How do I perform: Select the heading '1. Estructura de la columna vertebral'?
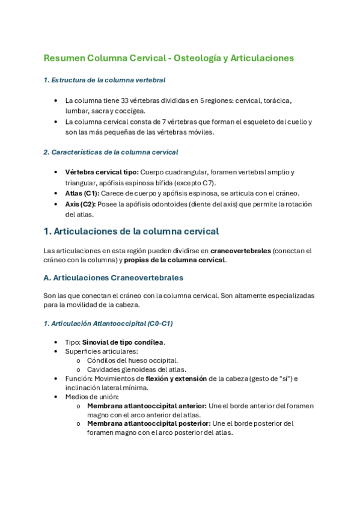click(x=105, y=80)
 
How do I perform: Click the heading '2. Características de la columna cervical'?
click(x=111, y=152)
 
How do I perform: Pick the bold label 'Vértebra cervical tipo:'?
click(x=102, y=173)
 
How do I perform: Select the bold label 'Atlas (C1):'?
click(x=82, y=193)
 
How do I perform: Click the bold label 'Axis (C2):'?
click(x=80, y=204)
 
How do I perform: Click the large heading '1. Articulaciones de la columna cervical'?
click(x=131, y=232)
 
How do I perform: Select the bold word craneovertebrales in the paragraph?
click(x=240, y=250)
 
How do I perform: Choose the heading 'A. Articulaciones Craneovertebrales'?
click(x=114, y=278)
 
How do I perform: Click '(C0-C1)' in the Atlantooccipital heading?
click(x=160, y=324)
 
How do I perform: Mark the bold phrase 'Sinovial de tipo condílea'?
click(x=123, y=342)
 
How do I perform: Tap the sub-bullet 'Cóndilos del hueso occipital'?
click(x=132, y=360)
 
